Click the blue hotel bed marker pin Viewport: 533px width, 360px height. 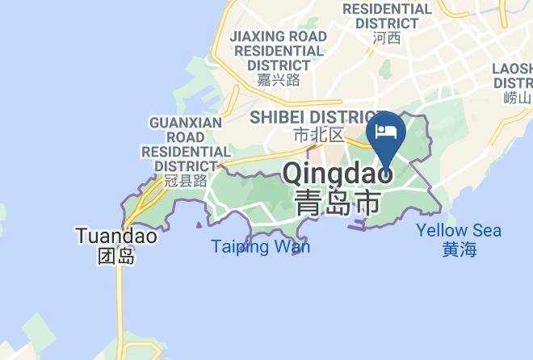(386, 132)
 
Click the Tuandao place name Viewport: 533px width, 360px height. (115, 237)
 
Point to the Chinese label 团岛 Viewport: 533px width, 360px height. (115, 257)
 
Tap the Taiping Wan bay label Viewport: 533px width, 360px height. (260, 246)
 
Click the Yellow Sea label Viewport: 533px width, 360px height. (459, 231)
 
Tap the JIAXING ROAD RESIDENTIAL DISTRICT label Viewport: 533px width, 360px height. (279, 50)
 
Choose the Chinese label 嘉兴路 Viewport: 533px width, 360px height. (279, 79)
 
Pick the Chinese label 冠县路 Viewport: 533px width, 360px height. (186, 181)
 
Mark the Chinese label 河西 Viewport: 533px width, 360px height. (387, 37)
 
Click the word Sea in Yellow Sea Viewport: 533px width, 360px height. (484, 231)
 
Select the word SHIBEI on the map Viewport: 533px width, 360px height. (279, 118)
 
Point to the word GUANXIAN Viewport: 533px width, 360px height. (186, 123)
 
